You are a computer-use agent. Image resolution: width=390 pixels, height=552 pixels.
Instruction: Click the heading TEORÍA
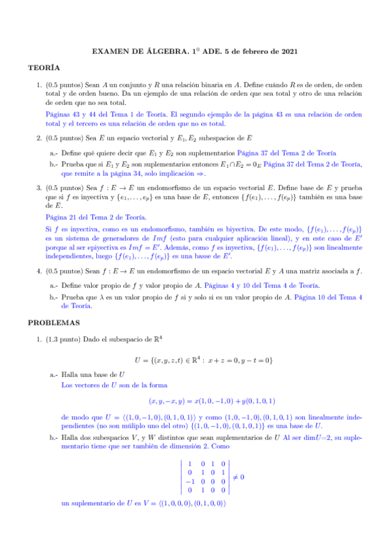[x=44, y=68]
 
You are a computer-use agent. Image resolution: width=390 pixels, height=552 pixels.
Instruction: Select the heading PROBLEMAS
[x=53, y=322]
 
